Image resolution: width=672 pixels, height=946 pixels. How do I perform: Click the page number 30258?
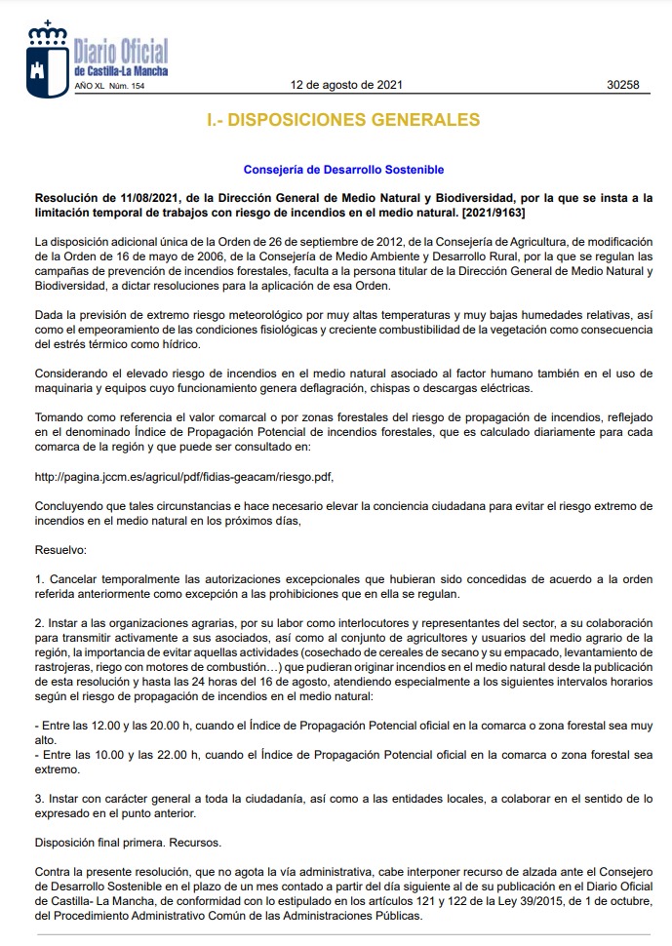point(622,85)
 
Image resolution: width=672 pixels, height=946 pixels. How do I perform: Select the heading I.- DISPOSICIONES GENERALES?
point(343,120)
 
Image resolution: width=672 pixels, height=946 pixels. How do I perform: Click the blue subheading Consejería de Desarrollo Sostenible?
point(343,170)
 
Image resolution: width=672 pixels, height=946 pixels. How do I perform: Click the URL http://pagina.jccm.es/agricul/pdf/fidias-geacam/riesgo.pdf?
point(190,476)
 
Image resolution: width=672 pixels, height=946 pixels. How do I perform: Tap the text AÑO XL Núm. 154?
point(109,87)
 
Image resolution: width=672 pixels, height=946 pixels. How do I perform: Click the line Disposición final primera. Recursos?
point(128,842)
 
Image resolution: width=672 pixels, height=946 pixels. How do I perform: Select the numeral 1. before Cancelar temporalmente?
point(39,579)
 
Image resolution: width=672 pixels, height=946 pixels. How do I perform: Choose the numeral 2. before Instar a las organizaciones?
point(39,622)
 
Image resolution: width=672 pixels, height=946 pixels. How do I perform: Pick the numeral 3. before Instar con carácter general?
point(39,798)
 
